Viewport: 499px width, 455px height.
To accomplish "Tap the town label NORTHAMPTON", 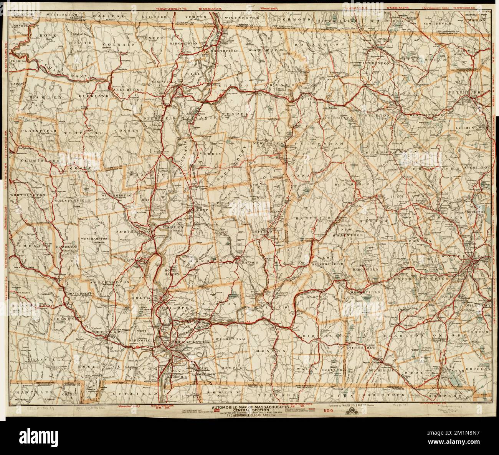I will click(x=132, y=233).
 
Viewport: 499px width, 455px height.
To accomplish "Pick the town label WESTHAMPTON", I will click(x=94, y=238).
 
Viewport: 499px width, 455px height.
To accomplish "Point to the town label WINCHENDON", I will click(x=373, y=63).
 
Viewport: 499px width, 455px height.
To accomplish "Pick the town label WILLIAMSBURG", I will click(x=117, y=195).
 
